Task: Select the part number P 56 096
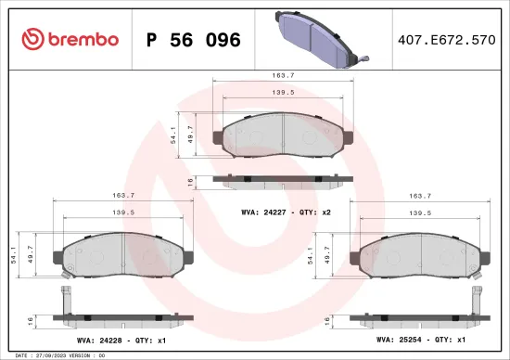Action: click(x=193, y=40)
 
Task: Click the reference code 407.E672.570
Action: click(x=445, y=40)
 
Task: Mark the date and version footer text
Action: click(x=56, y=354)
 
